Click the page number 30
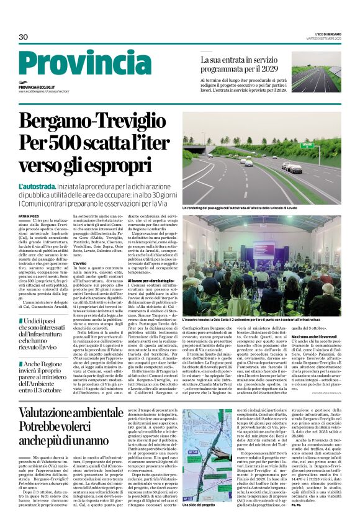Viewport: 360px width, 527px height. point(24,37)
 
